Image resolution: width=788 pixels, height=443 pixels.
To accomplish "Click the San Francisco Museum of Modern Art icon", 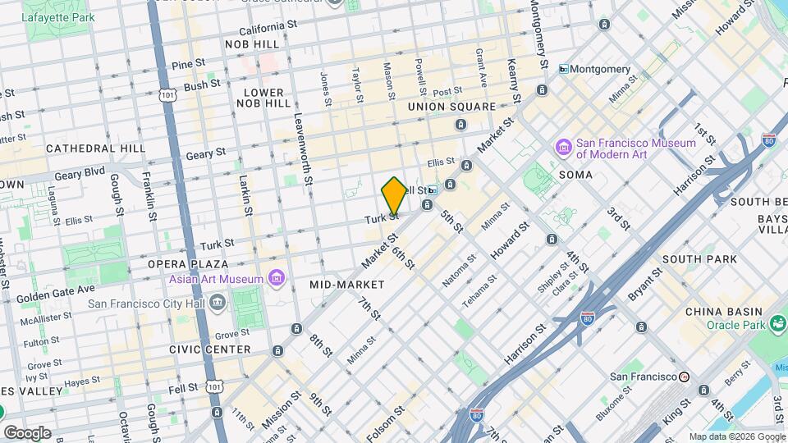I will pos(564,148).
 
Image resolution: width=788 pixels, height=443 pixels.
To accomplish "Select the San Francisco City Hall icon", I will pos(218,302).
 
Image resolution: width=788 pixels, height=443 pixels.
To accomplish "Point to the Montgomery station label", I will pos(600,69).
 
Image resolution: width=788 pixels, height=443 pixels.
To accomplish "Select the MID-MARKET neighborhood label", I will pos(347,285).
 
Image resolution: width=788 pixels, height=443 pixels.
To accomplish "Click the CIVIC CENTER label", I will pos(210,349).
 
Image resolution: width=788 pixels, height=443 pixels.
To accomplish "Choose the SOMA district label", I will pos(575,176).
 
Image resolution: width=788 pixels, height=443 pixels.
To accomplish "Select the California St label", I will pos(268,26).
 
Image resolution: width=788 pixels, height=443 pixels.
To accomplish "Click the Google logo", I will pos(27,432).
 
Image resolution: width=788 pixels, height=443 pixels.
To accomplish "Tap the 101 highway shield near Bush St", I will pos(167,96).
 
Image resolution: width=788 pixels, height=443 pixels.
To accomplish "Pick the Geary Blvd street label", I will pos(80,173).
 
